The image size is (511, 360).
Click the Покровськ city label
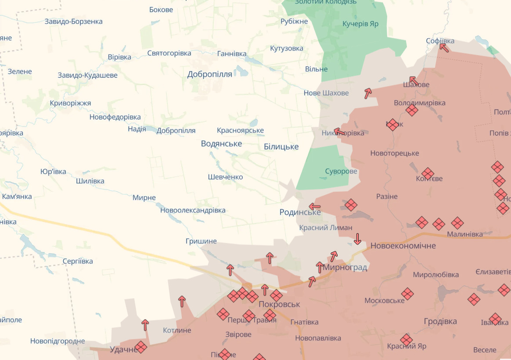(279, 304)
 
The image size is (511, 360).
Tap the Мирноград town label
(345, 267)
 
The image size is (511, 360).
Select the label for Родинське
(300, 212)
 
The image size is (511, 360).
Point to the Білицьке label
(281, 147)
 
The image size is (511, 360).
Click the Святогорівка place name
(169, 53)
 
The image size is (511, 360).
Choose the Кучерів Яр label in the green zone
(360, 24)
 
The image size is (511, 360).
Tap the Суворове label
(341, 171)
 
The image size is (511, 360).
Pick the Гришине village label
(201, 241)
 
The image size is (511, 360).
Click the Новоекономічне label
(403, 245)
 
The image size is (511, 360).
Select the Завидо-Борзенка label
(74, 22)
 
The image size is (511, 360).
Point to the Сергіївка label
(78, 261)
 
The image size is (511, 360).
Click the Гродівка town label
(440, 321)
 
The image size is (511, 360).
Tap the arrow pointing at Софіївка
(444, 47)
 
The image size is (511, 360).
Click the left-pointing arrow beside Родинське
(315, 206)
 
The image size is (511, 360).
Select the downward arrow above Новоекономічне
(357, 239)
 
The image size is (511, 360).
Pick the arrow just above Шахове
(413, 81)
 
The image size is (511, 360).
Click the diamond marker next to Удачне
(140, 347)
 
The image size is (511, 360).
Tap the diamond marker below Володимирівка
(412, 110)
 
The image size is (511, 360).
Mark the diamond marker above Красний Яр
(407, 339)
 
